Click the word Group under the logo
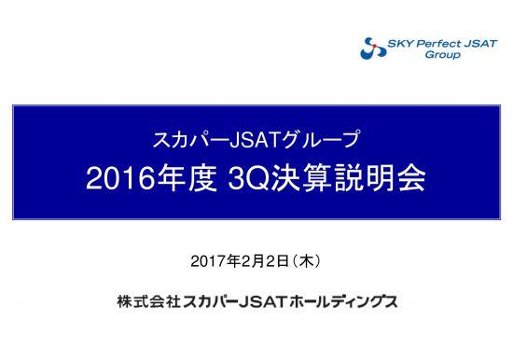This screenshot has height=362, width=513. click(441, 54)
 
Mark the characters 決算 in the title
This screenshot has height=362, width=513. click(307, 179)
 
